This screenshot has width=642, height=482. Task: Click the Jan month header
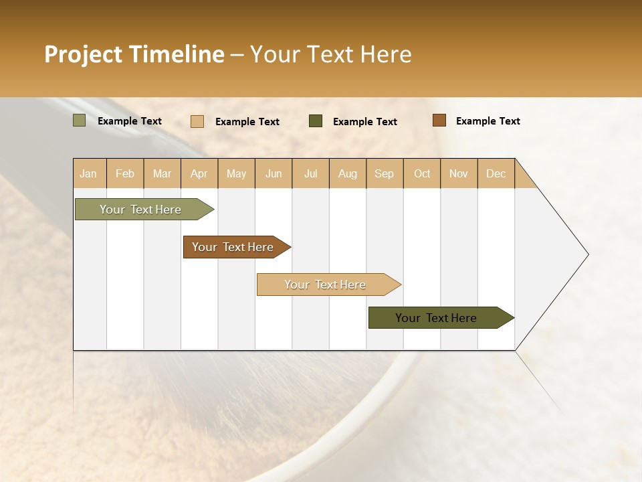point(89,173)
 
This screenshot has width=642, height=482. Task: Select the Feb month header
point(125,173)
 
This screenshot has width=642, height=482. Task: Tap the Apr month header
point(199,173)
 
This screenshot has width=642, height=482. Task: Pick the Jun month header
point(274,173)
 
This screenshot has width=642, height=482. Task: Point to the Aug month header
point(348,173)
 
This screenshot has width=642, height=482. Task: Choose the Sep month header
point(385,173)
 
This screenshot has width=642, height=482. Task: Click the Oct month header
point(422,173)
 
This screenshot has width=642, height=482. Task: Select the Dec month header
point(496,173)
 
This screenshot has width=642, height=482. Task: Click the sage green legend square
point(80,120)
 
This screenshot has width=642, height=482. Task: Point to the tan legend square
point(197,121)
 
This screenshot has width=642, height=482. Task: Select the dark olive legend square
point(316,121)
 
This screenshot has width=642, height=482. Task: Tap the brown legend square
point(439,120)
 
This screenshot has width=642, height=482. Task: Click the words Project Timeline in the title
point(134,54)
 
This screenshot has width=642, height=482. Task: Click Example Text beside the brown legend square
point(488,121)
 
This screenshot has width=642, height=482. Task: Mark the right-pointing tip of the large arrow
point(587,254)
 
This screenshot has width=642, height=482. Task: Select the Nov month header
point(459,173)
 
